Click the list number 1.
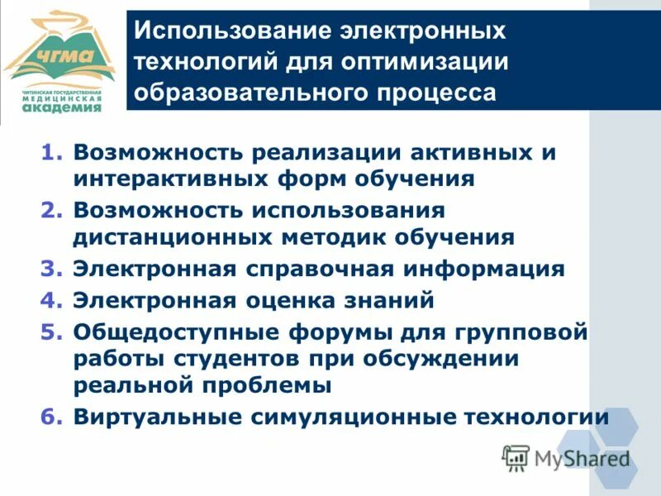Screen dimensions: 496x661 click(51, 154)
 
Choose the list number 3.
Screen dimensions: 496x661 click(51, 269)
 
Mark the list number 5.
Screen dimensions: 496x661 click(51, 331)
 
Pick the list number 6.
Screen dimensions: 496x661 click(51, 417)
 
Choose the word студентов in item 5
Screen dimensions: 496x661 click(231, 359)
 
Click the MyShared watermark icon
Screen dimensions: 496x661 click(516, 455)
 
